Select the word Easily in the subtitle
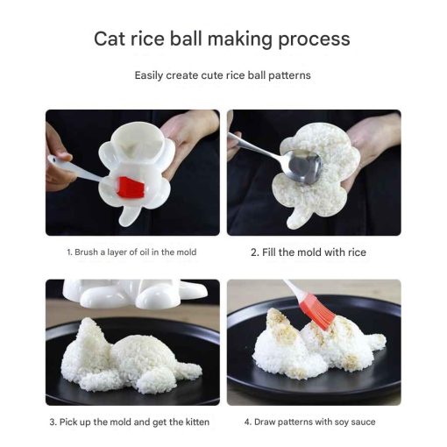[148, 75]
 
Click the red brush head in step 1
[131, 187]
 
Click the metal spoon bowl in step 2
[304, 167]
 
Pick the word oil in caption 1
[144, 252]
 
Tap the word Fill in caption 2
[269, 252]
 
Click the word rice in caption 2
[357, 252]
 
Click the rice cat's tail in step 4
[376, 340]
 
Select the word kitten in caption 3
[197, 422]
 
